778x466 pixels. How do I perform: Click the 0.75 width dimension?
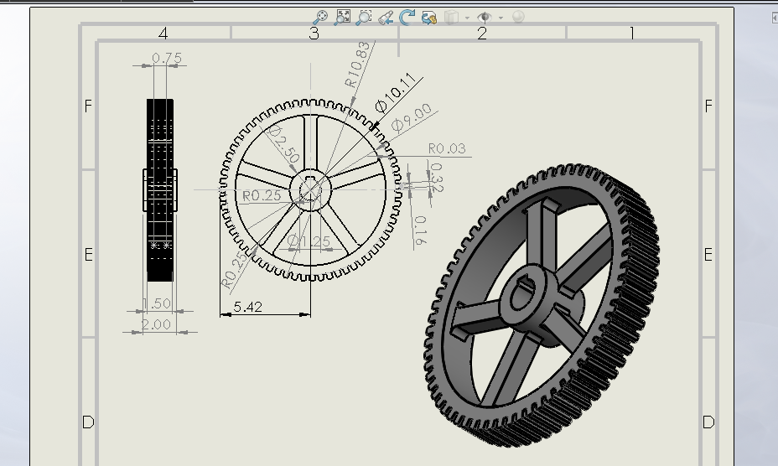166,59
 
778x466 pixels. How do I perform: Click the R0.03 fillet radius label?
446,148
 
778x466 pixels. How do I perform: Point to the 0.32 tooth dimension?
436,177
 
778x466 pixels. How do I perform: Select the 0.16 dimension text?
420,230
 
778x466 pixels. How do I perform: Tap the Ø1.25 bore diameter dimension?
309,241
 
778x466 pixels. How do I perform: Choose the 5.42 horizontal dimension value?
247,307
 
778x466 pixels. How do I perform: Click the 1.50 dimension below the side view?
157,303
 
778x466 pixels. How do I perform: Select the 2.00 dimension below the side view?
156,324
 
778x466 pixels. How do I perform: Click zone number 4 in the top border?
163,34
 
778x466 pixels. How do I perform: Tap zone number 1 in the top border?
631,34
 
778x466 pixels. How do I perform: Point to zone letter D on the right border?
708,422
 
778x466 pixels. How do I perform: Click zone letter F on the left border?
88,106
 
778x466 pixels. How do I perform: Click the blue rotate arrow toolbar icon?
407,17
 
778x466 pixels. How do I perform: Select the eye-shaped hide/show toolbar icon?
485,17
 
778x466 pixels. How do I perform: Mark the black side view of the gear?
160,190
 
